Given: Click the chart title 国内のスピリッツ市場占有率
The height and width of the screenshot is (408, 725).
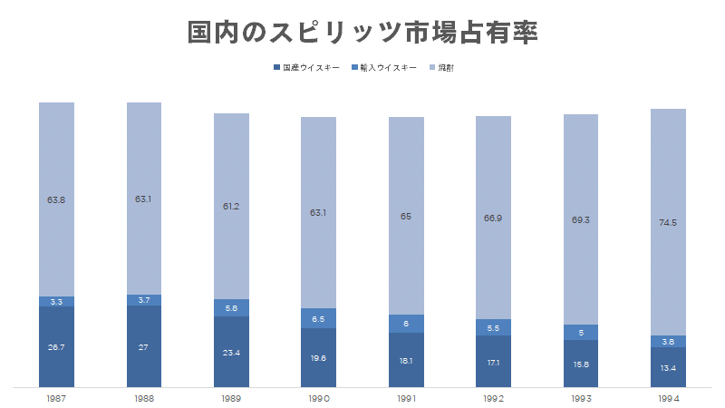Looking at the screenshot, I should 362,34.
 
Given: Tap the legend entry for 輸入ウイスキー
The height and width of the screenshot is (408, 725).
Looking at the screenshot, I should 385,68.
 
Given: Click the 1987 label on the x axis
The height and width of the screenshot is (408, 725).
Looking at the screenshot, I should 56,398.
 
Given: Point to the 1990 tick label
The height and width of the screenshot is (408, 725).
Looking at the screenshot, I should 318,398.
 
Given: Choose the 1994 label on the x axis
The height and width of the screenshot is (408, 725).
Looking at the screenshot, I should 669,398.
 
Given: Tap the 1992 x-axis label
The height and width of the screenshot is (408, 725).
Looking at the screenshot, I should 493,398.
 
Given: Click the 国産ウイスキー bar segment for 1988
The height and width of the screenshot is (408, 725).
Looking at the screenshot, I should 144,346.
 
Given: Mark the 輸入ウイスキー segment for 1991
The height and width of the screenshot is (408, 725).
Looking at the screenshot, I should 406,324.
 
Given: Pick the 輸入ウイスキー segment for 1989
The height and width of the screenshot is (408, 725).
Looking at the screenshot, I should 231,308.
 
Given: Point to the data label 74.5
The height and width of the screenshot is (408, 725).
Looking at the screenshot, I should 669,222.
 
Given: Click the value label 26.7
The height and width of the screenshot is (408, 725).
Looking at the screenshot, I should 56,347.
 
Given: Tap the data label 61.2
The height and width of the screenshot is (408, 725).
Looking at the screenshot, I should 231,206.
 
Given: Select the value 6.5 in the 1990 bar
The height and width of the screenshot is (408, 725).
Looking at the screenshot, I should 318,318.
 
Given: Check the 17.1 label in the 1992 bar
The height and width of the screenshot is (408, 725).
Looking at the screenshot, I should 493,362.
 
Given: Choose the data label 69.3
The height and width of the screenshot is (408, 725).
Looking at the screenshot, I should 581,219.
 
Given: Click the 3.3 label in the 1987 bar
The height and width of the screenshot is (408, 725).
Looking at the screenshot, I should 56,301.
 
